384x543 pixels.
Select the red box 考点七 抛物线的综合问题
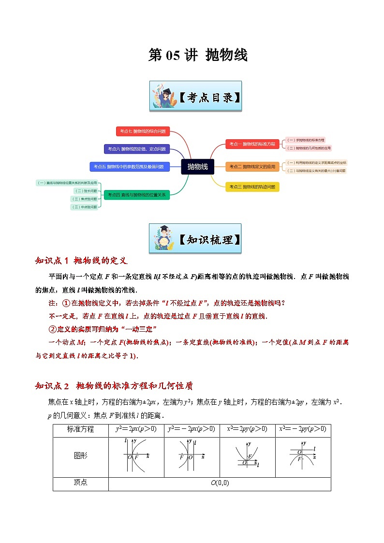click(143, 131)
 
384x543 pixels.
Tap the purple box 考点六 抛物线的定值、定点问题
click(137, 149)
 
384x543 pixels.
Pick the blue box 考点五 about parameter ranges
click(130, 167)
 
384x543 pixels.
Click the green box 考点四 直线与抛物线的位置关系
click(137, 195)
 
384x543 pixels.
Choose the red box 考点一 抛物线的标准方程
click(252, 144)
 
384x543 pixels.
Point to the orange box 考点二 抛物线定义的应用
click(252, 167)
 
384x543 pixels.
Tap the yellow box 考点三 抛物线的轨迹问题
click(252, 187)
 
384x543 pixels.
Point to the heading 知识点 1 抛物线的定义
click(81, 261)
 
